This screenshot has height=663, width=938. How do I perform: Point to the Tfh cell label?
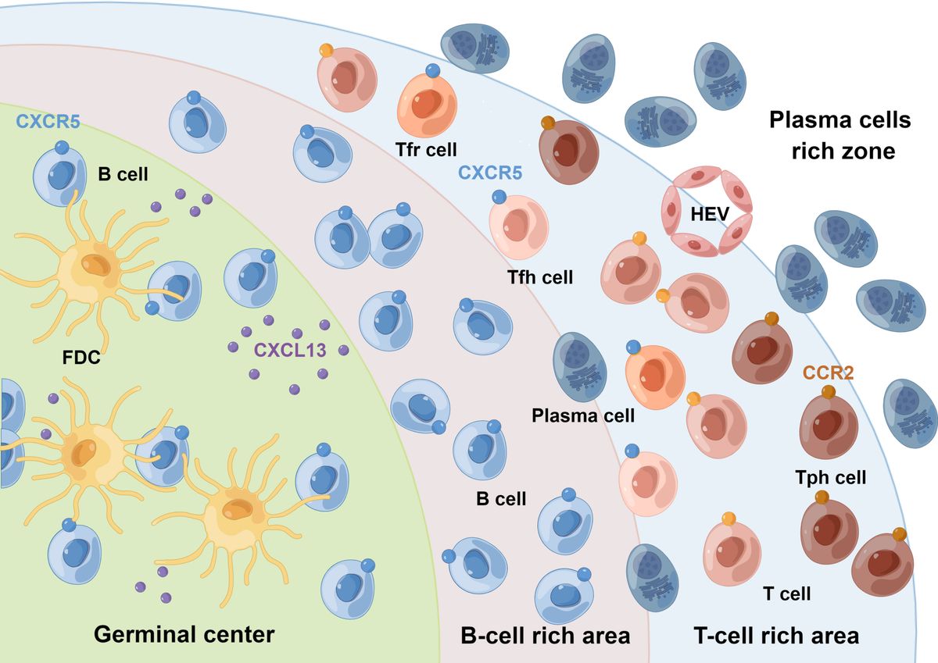(x=539, y=276)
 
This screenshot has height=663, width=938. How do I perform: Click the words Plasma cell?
(x=582, y=415)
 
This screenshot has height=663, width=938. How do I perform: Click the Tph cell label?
(x=830, y=477)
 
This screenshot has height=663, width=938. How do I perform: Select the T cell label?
(x=786, y=593)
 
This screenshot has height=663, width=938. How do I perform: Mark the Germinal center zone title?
(x=184, y=633)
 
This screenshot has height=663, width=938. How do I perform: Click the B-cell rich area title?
(x=544, y=635)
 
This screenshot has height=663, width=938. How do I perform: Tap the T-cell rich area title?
(x=775, y=635)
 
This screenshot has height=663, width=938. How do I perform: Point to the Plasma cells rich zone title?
(x=840, y=134)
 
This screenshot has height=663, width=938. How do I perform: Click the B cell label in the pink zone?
(x=500, y=498)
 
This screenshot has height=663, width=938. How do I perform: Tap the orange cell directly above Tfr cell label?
(x=427, y=102)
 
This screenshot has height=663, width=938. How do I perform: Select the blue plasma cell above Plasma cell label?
(x=580, y=367)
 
